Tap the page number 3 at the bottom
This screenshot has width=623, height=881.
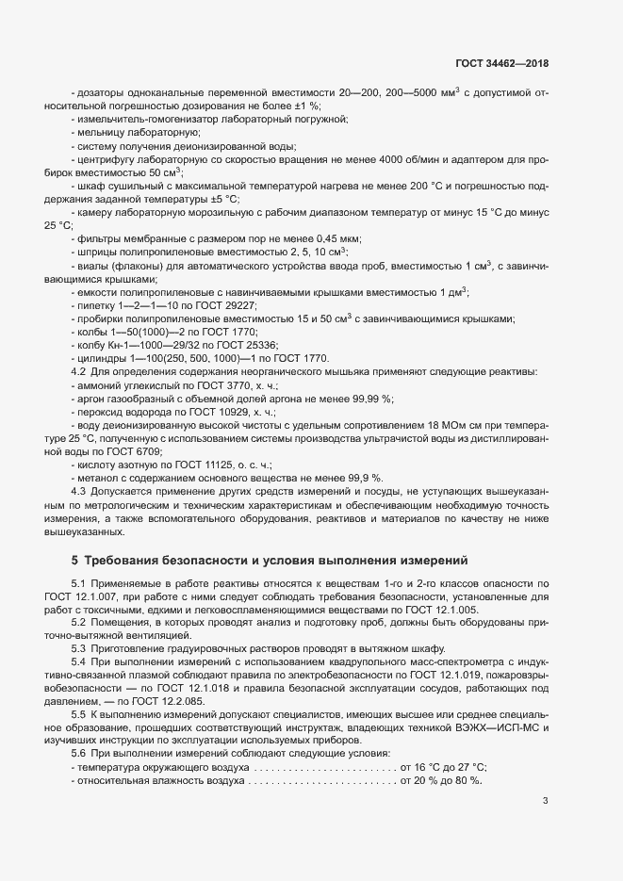[x=545, y=801]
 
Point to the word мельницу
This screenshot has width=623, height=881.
[x=100, y=133]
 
